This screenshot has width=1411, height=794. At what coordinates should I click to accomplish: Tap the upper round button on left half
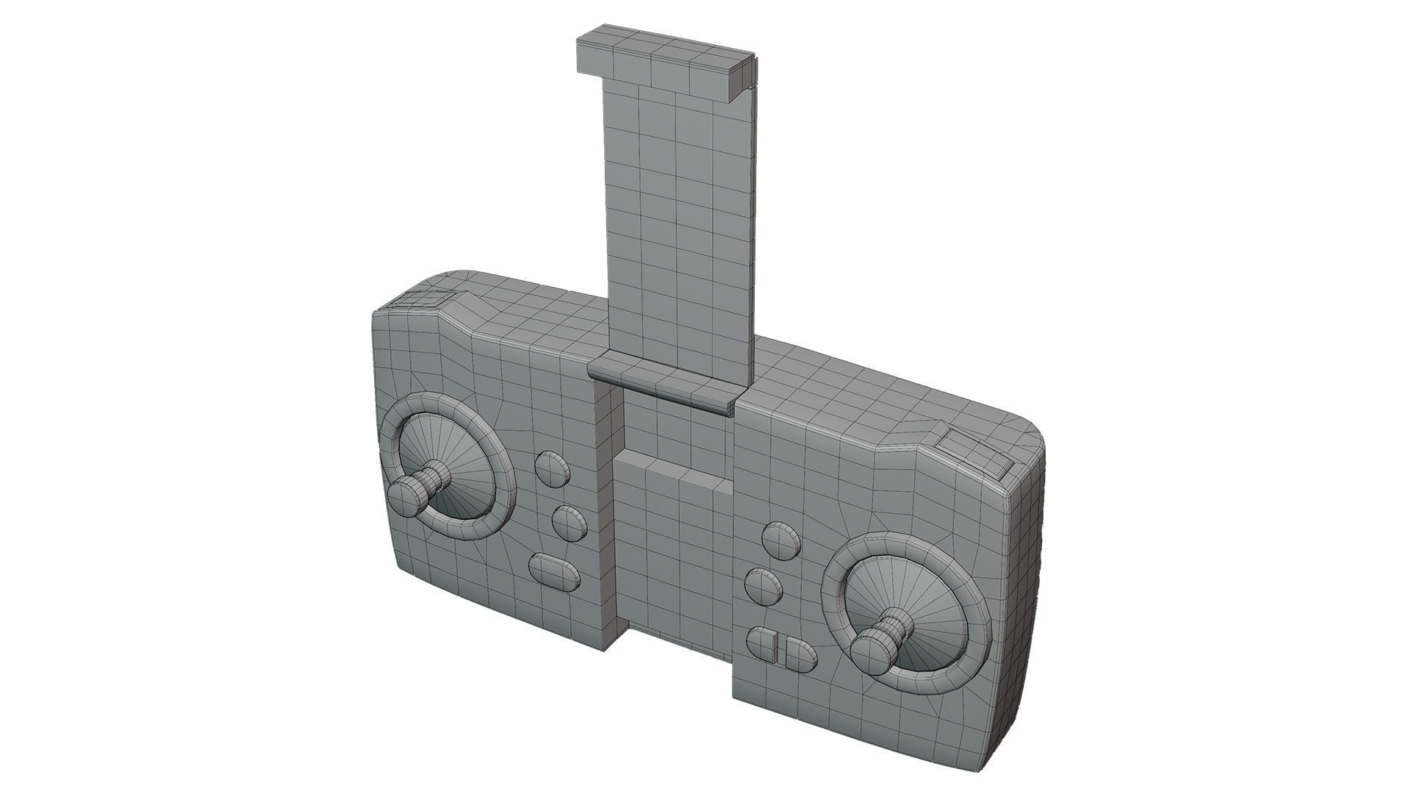point(551,468)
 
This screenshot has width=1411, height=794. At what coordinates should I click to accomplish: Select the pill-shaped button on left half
point(553,572)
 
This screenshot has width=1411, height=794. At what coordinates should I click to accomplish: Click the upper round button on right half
point(780,540)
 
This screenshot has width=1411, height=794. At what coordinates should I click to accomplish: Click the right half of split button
point(800,654)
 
